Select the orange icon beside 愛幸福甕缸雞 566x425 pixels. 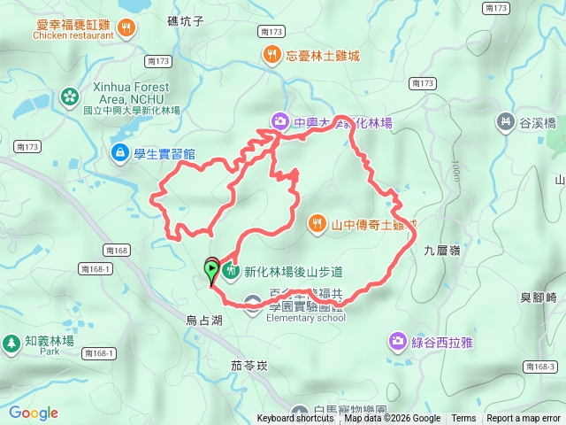pos(128,27)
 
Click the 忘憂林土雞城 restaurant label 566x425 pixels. pos(323,56)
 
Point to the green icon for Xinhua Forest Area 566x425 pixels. pos(69,95)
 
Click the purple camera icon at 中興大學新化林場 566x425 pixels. pos(279,121)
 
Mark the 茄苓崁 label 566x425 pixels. pos(249,364)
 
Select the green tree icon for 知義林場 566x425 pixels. pos(11,341)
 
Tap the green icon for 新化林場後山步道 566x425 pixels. pos(232,271)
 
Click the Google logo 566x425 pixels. pos(33,413)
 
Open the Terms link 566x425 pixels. pos(463,419)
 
